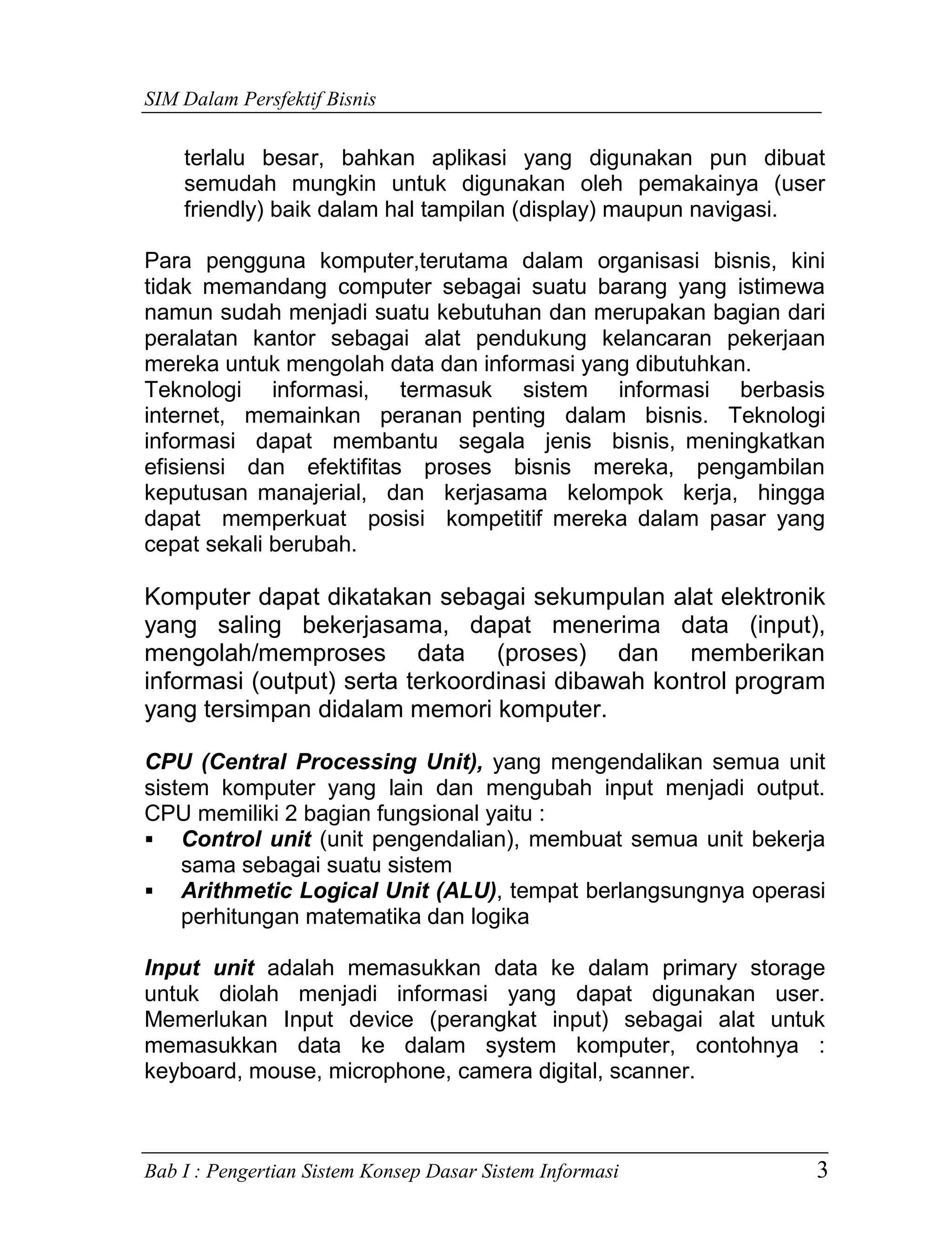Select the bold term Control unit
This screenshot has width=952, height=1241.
246,839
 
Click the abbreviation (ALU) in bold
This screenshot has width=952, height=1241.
466,891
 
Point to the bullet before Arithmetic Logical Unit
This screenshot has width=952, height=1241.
150,891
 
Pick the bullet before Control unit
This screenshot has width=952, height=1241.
150,840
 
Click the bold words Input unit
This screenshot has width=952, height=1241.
199,968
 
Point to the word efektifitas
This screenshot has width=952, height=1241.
354,467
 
